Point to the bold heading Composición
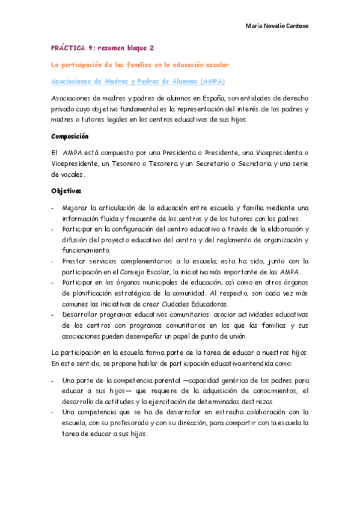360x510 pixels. pos(70,137)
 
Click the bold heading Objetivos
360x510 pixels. pos(67,192)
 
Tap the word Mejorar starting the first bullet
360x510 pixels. pos(75,208)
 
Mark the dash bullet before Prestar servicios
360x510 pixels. pos(53,261)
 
